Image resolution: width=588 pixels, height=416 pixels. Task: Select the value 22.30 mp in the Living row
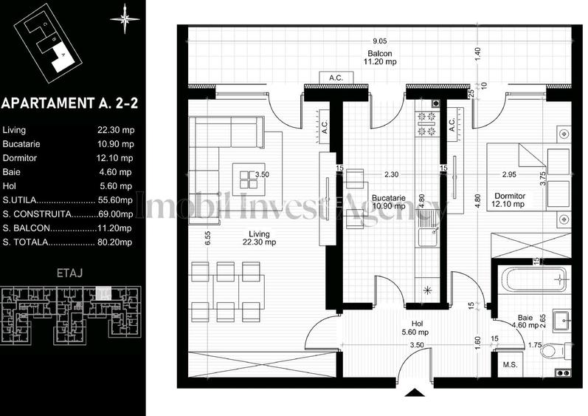(x=115, y=130)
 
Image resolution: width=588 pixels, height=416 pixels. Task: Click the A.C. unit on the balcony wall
(x=328, y=78)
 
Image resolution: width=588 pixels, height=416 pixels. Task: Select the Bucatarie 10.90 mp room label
(x=389, y=202)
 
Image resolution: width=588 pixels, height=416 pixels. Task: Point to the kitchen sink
(x=426, y=236)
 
